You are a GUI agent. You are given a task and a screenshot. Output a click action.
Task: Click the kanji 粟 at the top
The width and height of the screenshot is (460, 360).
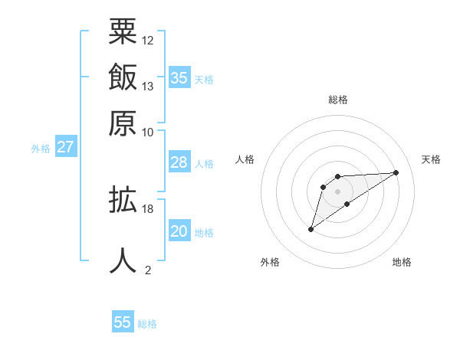pos(123,32)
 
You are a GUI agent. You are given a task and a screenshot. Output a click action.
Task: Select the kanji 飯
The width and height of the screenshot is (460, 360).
pos(123,78)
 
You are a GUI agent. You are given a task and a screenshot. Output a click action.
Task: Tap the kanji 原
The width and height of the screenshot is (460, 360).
pos(123,123)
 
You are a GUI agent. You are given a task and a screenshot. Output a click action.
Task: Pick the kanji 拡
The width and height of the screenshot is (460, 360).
pos(123,201)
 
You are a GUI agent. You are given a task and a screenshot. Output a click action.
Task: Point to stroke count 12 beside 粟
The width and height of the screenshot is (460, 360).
pos(148,40)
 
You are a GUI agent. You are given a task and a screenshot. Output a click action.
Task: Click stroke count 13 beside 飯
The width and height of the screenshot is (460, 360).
pos(148,86)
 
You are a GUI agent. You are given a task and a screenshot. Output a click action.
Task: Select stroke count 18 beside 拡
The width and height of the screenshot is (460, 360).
pos(148,208)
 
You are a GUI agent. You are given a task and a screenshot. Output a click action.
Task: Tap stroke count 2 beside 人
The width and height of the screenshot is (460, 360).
pos(148,270)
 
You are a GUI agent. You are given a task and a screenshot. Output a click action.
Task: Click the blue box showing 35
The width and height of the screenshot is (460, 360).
pos(179,77)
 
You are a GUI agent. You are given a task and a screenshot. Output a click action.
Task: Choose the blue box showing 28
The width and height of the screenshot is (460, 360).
pos(179,162)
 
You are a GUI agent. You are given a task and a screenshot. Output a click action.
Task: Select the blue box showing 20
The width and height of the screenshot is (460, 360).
pos(179,231)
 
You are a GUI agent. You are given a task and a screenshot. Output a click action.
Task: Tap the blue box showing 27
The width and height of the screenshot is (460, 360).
pos(65,147)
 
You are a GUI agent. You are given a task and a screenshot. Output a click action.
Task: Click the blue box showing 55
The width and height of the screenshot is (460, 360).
pos(123,322)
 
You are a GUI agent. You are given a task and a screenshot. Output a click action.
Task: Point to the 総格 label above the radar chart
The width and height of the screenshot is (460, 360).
pos(338,100)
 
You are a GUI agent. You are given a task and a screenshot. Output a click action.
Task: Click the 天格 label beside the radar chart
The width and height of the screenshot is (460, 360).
pos(431,159)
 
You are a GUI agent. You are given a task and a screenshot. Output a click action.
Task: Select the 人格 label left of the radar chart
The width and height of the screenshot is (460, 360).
pos(245,159)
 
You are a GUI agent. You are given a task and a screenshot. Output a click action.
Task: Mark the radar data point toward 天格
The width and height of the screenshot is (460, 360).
pos(396,172)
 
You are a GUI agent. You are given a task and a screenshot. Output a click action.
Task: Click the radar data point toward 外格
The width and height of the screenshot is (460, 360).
pos(310,229)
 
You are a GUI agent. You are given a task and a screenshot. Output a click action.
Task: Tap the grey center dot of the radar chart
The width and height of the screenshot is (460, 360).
pos(338,191)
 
